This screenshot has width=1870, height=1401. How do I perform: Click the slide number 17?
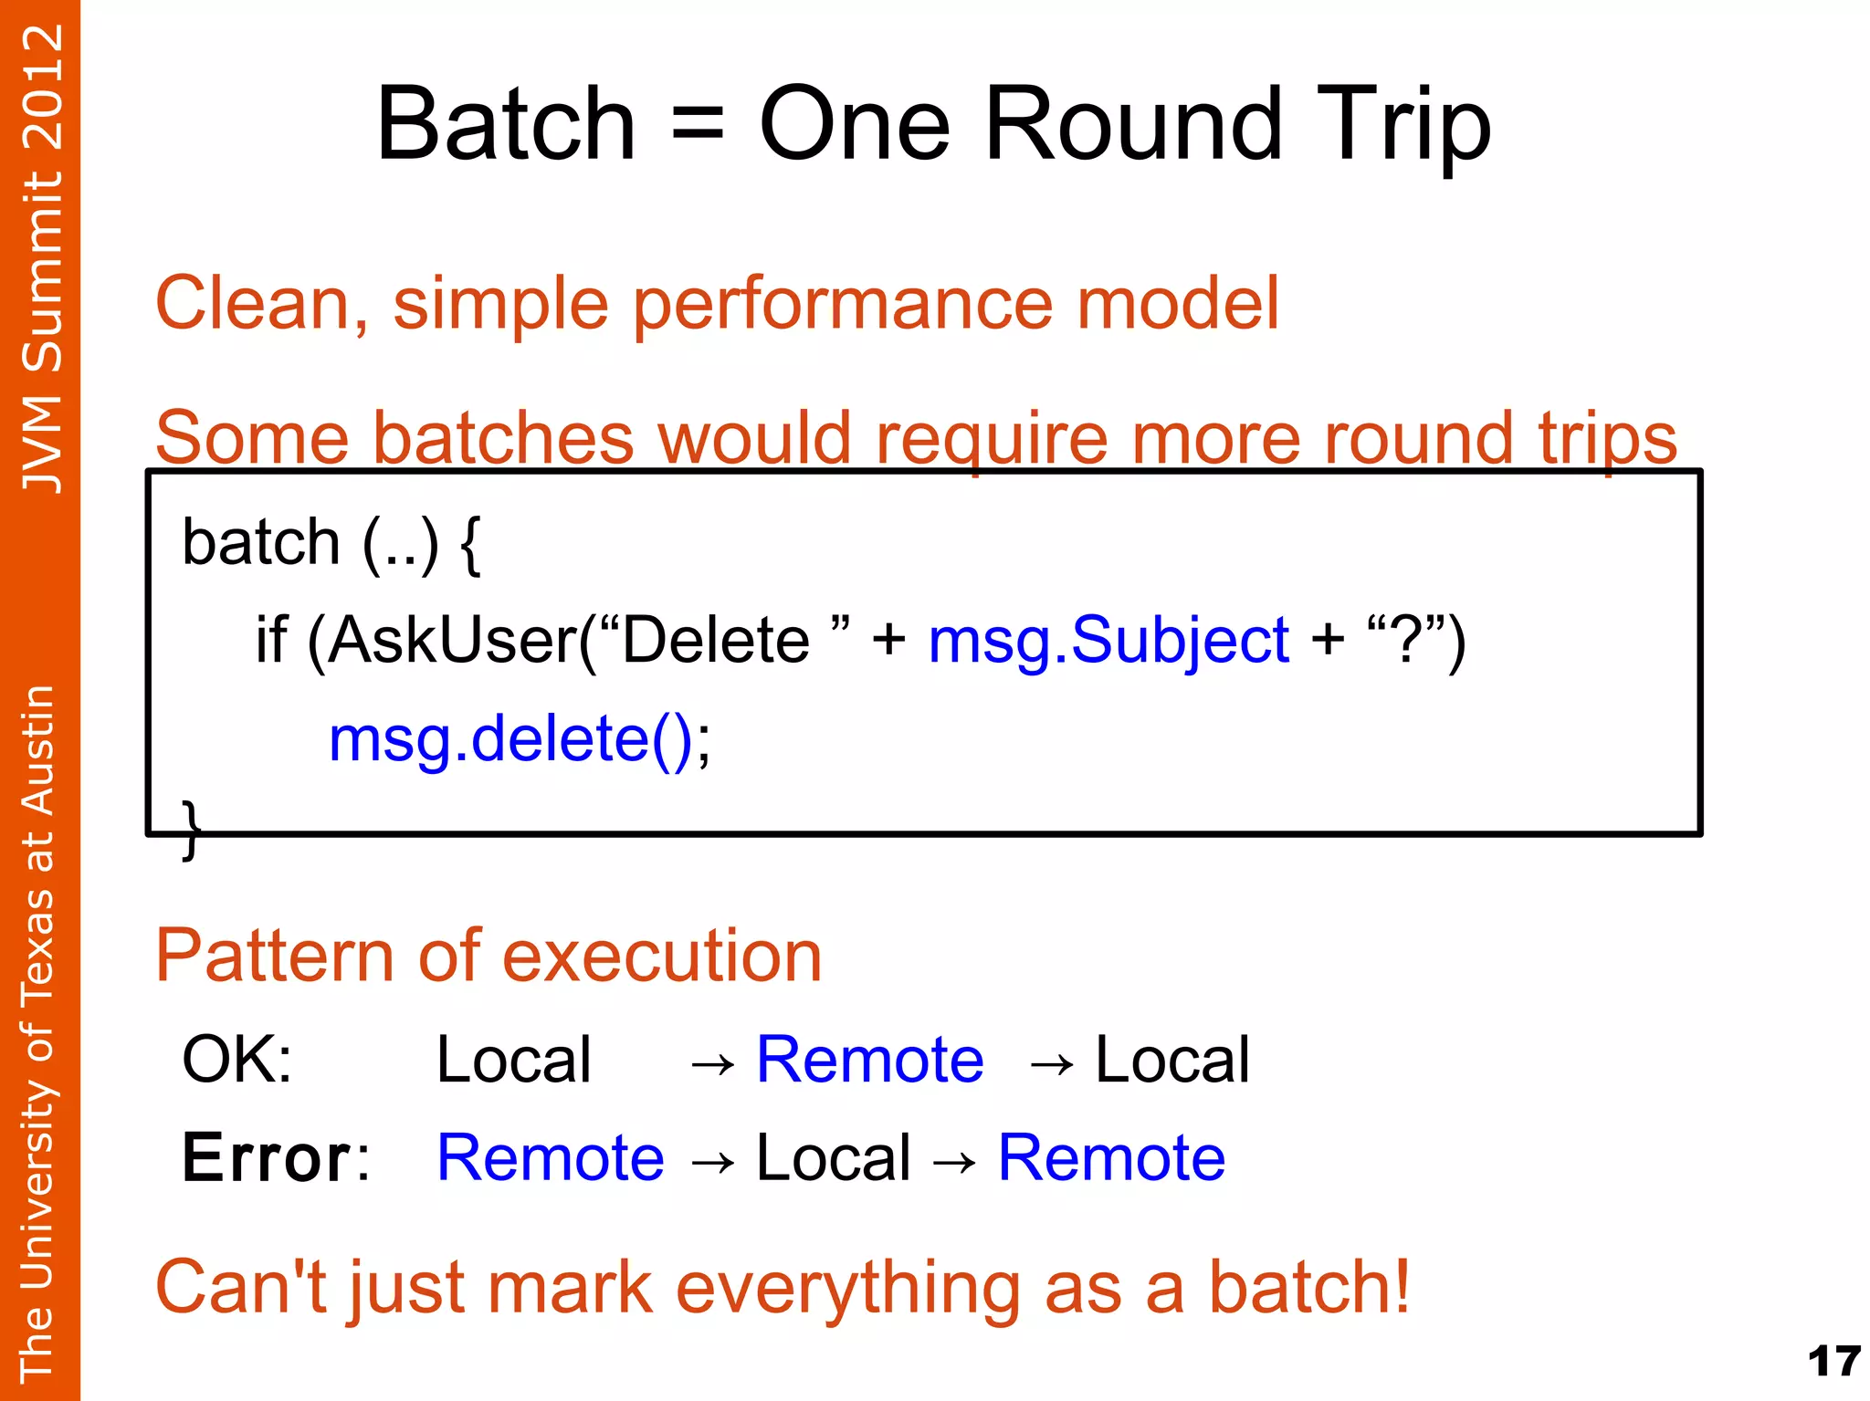1833,1362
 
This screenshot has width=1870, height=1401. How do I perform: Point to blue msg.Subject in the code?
1108,640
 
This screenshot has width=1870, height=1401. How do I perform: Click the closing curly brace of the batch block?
190,828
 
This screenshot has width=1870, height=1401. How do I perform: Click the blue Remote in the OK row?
869,1060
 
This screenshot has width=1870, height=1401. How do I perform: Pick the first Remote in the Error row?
551,1157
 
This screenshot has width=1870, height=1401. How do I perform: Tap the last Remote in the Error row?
1111,1157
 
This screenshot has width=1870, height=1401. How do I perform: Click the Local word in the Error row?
833,1157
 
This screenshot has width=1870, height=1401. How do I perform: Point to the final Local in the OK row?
1171,1060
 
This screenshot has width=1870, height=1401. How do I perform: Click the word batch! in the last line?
1309,1287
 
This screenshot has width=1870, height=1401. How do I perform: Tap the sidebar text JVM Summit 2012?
42,258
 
